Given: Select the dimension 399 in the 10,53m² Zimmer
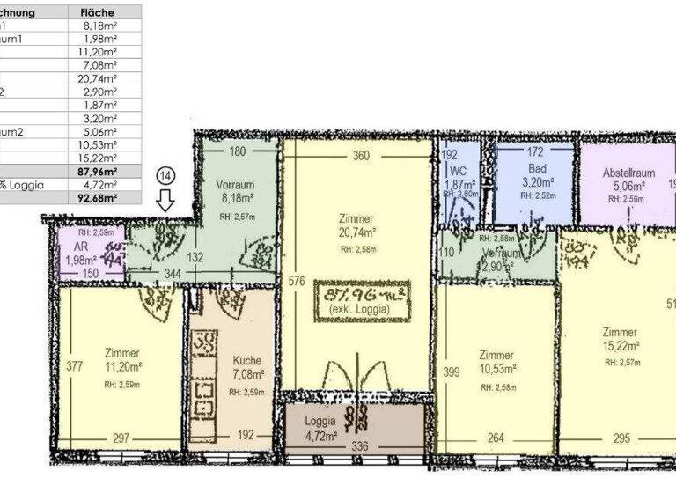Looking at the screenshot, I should pos(451,372).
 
